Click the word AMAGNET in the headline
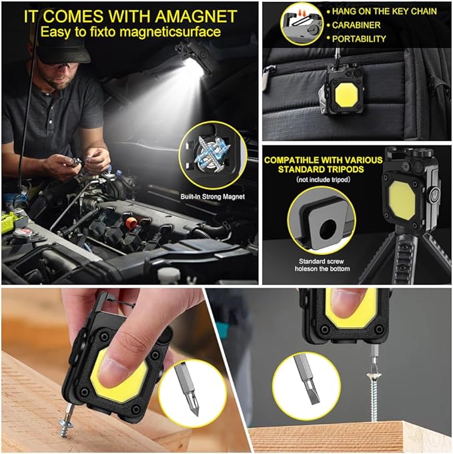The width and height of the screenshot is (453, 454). pos(196,16)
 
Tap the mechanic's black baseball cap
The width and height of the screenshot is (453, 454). pos(62,49)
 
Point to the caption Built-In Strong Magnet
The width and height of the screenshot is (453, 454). pos(213,196)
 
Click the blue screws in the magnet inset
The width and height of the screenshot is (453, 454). pos(213,155)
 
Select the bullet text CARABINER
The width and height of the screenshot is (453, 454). pos(356,25)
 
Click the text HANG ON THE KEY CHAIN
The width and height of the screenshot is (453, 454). pos(384,11)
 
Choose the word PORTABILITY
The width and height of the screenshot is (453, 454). pos(359,39)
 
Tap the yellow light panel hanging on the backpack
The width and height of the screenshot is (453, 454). pos(346,95)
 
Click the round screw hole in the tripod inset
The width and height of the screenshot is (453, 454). pos(328,229)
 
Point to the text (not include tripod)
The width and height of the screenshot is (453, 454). pos(323,180)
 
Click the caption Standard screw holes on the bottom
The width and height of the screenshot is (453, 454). pos(322,265)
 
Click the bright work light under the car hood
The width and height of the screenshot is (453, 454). pos(192,65)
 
